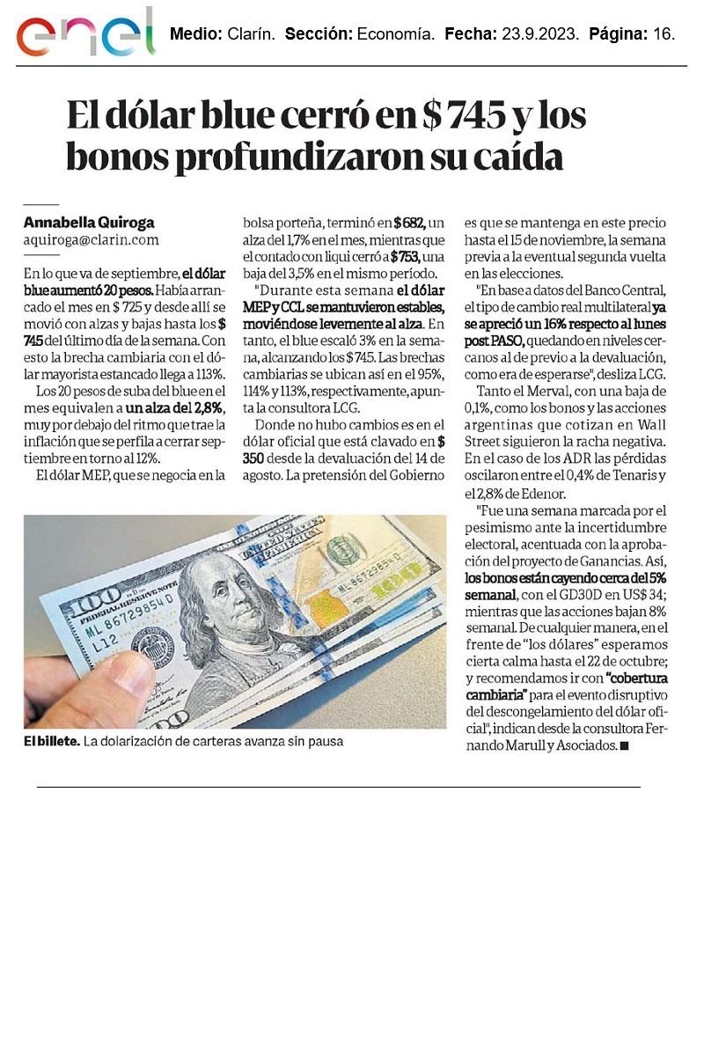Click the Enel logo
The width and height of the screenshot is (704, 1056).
click(85, 34)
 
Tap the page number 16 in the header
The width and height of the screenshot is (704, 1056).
click(664, 35)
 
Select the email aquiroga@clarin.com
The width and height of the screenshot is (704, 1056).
click(91, 238)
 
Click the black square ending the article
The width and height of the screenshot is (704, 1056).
click(626, 745)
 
